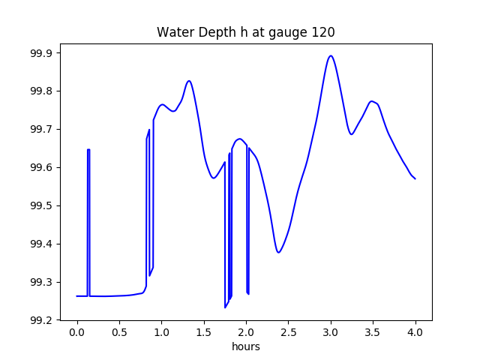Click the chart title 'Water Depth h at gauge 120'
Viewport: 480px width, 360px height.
[245, 33]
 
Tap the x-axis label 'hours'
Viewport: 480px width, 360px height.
[245, 346]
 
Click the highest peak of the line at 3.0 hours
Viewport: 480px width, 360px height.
[331, 55]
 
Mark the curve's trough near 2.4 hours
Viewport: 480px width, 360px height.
[279, 252]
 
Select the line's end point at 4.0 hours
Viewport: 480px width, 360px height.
[415, 178]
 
